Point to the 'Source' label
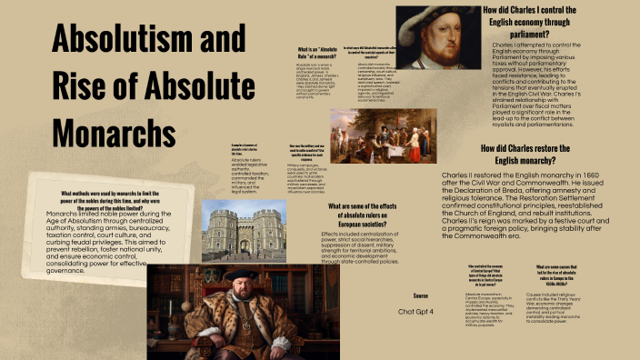tap(420, 296)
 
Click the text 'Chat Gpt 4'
tap(419, 311)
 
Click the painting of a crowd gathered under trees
tap(369, 135)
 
